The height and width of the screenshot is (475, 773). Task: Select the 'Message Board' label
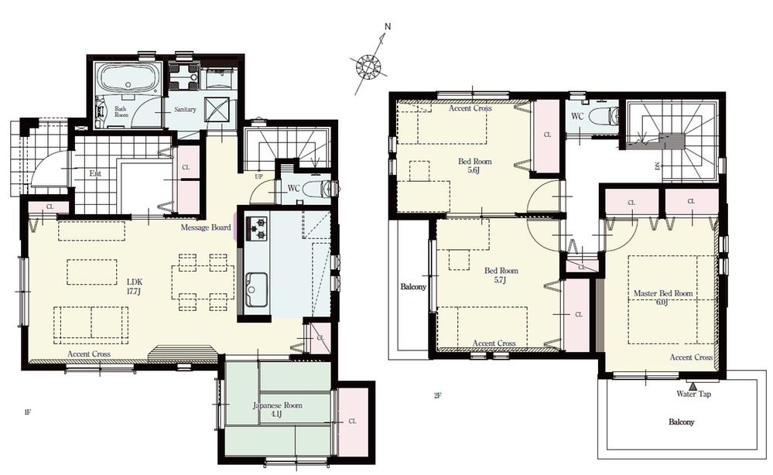point(206,228)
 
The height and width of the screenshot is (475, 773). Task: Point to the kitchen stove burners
point(257,229)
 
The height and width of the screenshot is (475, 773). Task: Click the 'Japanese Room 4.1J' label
point(277,409)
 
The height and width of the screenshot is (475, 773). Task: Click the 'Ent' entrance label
point(94,173)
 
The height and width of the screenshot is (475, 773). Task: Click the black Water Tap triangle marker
point(693,384)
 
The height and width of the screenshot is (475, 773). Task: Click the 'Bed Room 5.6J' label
point(474,166)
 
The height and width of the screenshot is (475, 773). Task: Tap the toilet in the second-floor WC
point(603,117)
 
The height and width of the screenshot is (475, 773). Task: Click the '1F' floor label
point(27,413)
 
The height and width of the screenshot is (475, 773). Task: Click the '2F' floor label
point(437,396)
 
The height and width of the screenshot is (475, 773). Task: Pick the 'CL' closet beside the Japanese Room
point(353,421)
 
